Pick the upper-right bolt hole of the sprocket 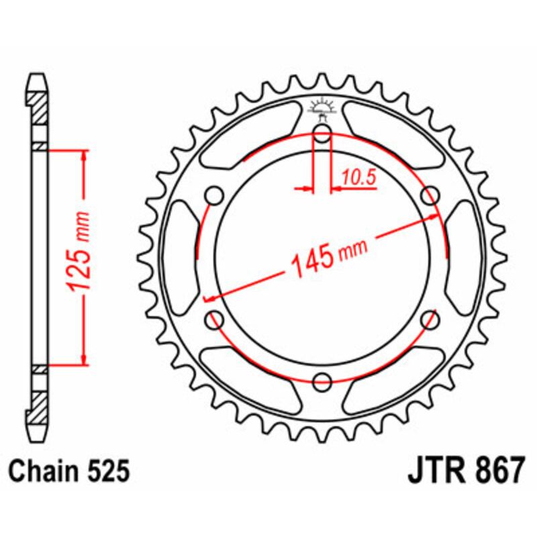429,196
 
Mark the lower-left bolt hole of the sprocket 215,320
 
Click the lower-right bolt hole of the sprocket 429,320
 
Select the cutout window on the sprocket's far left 180,258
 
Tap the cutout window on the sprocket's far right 465,258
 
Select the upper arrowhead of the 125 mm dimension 83,156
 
